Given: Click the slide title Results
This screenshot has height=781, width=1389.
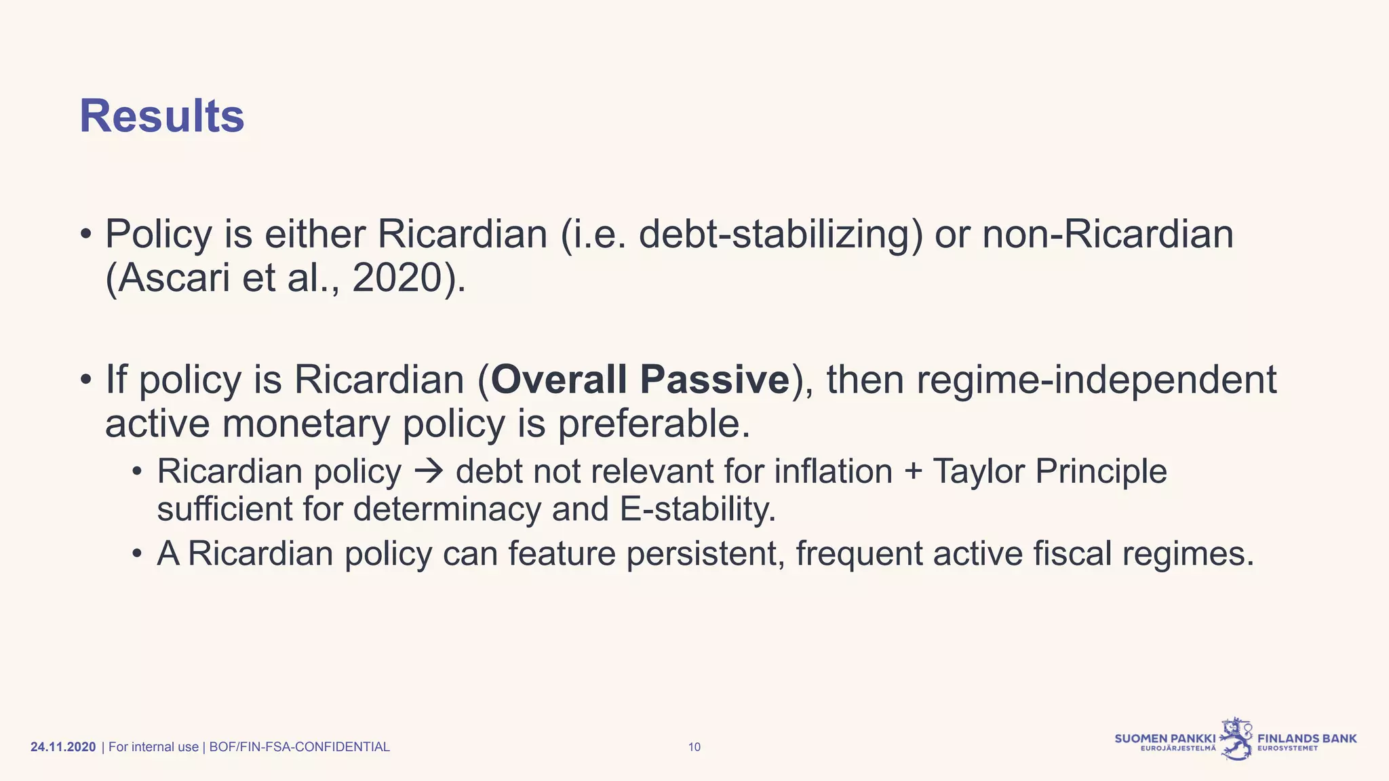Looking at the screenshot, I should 161,117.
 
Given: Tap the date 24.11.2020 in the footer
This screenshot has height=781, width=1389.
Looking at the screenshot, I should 63,747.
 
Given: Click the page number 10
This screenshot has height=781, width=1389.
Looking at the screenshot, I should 694,747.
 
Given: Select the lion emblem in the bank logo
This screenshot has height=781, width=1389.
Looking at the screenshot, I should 1236,739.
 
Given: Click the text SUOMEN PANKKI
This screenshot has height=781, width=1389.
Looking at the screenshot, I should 1165,738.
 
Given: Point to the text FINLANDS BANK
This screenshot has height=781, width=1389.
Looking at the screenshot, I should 1307,738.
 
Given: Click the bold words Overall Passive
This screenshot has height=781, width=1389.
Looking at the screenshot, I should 640,380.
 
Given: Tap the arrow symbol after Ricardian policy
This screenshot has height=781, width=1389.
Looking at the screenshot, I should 428,471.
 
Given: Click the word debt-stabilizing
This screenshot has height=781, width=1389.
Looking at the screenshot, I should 780,235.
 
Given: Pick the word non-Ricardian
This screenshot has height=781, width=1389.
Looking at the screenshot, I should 1108,235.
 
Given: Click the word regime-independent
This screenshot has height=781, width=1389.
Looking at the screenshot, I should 1096,380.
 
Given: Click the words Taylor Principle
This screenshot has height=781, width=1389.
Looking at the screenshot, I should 1049,471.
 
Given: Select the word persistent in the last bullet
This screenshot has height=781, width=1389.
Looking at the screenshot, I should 705,554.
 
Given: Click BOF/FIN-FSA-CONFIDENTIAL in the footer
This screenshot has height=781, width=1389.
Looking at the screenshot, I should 299,747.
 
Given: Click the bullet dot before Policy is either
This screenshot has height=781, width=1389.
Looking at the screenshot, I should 85,235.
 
